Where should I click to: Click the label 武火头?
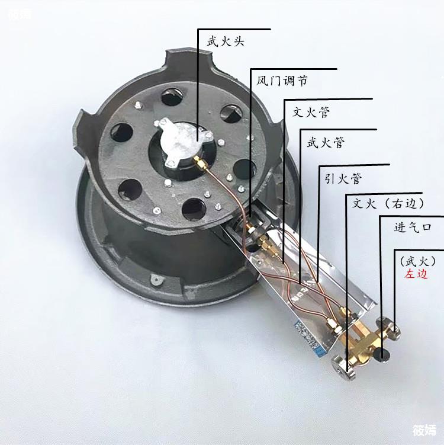tap(226, 41)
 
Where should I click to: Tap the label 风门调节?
tap(282, 81)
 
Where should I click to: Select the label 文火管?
tap(311, 113)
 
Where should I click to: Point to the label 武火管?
tap(326, 142)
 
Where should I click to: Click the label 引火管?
tap(343, 179)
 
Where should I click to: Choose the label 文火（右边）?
tap(388, 203)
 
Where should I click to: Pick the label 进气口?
tap(413, 228)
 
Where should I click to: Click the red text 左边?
tap(416, 274)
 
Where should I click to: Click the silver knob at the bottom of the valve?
tap(343, 367)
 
